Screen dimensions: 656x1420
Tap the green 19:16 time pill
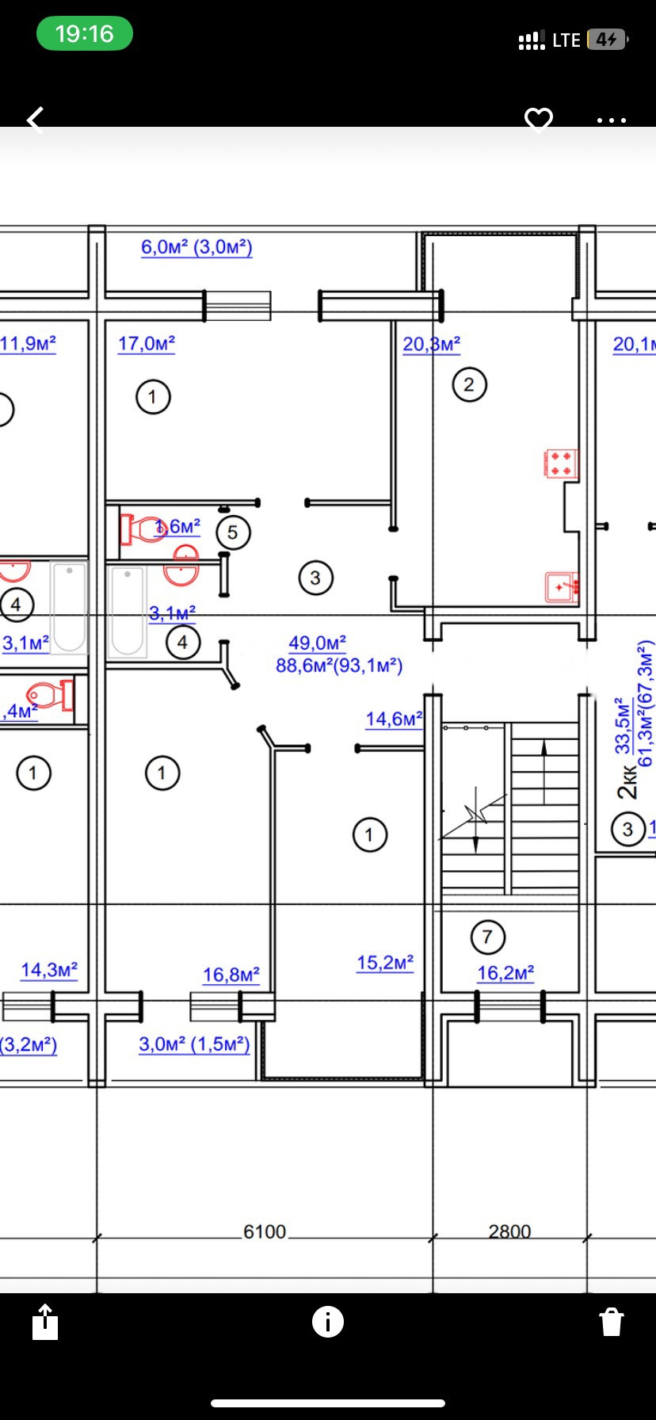84,34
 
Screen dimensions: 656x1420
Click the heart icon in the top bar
539,120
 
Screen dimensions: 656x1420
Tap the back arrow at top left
35,120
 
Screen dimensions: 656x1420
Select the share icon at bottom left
45,1322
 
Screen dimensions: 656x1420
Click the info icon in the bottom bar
328,1321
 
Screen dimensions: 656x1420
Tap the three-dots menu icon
612,120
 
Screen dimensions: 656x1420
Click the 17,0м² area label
147,344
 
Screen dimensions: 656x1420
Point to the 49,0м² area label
317,643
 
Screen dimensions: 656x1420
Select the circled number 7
487,937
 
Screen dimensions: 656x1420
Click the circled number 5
233,532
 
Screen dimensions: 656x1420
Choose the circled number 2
469,385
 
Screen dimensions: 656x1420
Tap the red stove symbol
561,464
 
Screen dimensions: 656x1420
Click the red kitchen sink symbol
562,587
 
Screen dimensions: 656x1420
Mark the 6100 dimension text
265,1231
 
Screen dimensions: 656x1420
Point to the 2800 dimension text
509,1231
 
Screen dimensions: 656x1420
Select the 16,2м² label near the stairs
505,973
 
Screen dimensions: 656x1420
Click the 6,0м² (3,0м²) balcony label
196,247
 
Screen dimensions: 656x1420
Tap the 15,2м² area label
385,963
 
